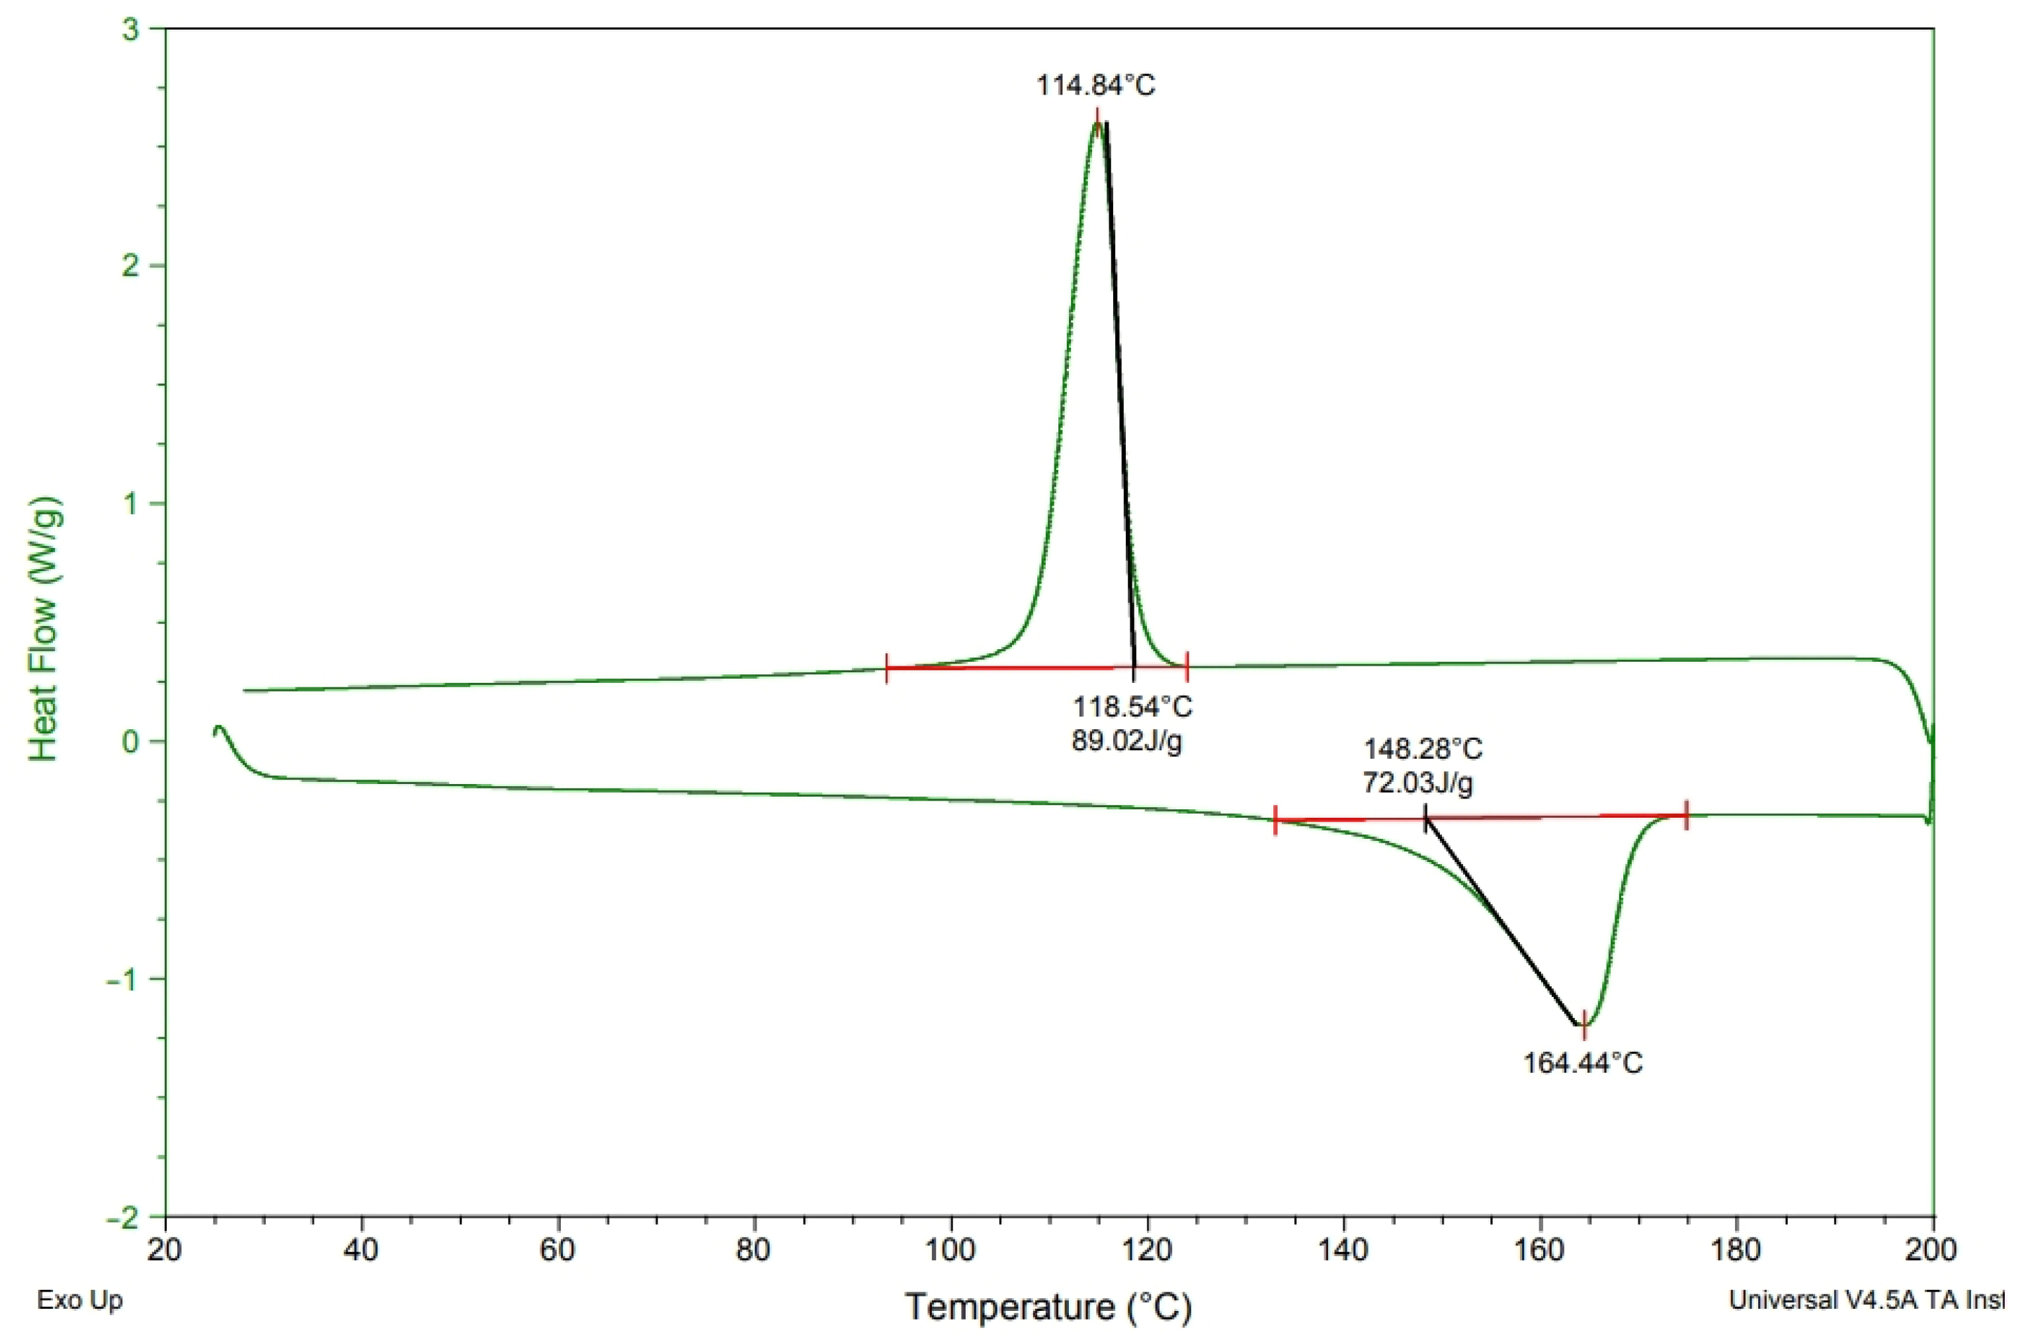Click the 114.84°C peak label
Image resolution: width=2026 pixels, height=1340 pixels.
point(1096,85)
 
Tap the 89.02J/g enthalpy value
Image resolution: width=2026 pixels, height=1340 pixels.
point(1126,741)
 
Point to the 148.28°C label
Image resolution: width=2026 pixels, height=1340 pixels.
point(1423,750)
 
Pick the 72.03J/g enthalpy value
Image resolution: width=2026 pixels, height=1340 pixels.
point(1417,783)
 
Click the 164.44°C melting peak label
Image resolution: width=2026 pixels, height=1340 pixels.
point(1582,1063)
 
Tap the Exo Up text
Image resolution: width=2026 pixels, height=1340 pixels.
point(79,1300)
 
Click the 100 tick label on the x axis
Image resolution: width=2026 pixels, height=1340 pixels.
point(950,1250)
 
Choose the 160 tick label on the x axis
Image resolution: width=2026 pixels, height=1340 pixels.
point(1541,1250)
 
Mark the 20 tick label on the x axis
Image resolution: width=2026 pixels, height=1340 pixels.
point(165,1250)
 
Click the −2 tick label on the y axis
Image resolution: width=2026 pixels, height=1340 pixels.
point(123,1217)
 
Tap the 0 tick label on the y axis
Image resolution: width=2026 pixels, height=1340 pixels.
point(132,741)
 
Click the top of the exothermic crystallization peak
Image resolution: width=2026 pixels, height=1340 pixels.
point(1097,123)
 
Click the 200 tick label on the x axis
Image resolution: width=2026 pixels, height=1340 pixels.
point(1932,1250)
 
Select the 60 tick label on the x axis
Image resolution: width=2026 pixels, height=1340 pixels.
point(558,1250)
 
